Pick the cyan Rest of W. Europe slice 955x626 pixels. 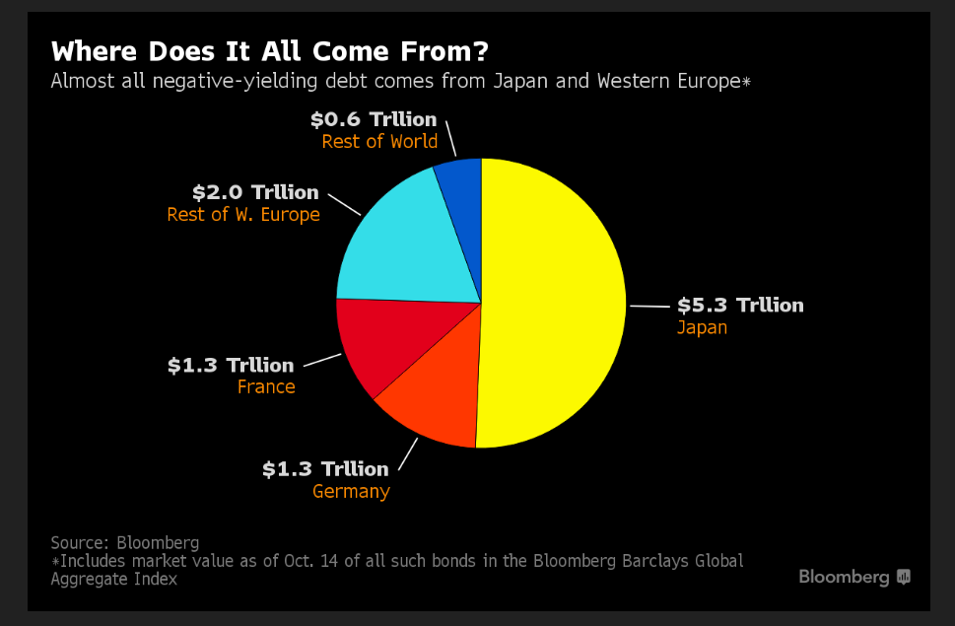point(404,246)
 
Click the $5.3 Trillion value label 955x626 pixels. point(740,305)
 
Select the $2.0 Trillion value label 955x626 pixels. point(255,192)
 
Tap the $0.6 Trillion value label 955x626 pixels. point(374,119)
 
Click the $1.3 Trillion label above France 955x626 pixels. point(231,365)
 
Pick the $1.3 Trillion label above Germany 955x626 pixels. point(325,468)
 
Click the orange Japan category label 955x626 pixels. point(702,327)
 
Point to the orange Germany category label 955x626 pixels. point(351,491)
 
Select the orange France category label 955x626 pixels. point(266,386)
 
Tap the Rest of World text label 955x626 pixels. point(379,141)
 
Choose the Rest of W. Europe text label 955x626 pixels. point(243,214)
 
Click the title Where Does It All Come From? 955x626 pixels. point(269,50)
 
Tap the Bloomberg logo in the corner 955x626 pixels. point(853,577)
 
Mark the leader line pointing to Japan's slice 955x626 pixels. point(649,307)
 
